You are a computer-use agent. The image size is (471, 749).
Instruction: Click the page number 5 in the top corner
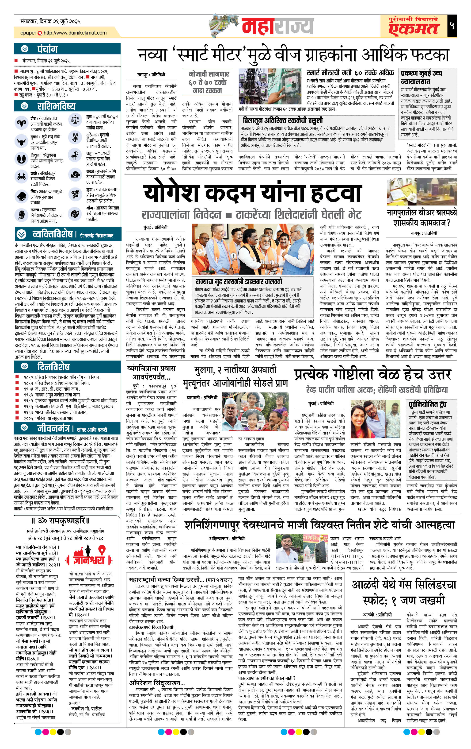pos(452,26)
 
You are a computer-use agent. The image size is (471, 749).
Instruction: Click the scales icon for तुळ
pos(75,119)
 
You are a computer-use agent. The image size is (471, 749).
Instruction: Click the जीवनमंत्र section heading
pos(53,429)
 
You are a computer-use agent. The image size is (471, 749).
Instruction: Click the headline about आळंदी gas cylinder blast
pos(404,593)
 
